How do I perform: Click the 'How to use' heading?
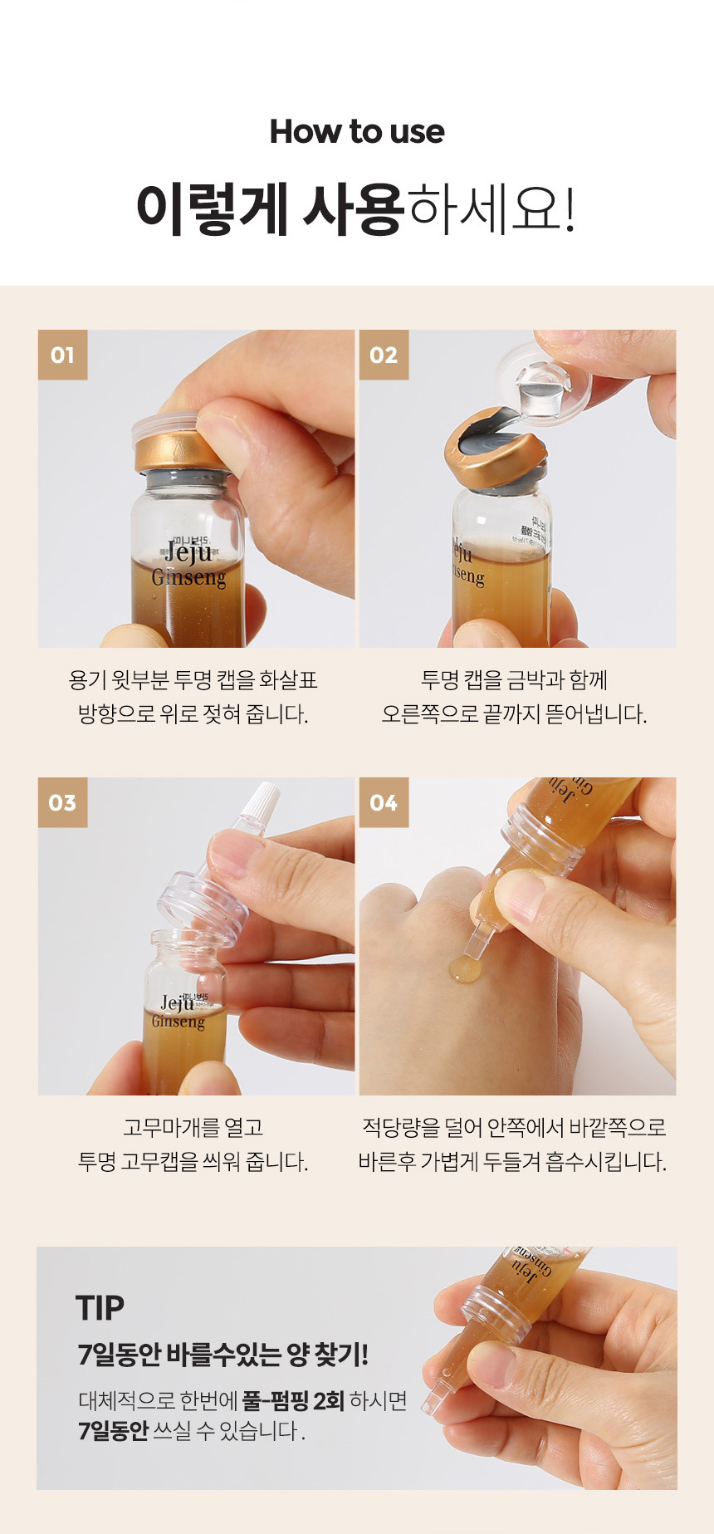(357, 131)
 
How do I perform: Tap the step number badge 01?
(62, 355)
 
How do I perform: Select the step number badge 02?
(384, 355)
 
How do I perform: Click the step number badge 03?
(62, 803)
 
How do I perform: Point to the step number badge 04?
(384, 803)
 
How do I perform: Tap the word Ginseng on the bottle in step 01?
(188, 577)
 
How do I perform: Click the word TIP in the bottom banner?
(100, 1308)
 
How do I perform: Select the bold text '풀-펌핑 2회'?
(293, 1402)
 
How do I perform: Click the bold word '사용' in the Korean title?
(353, 208)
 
